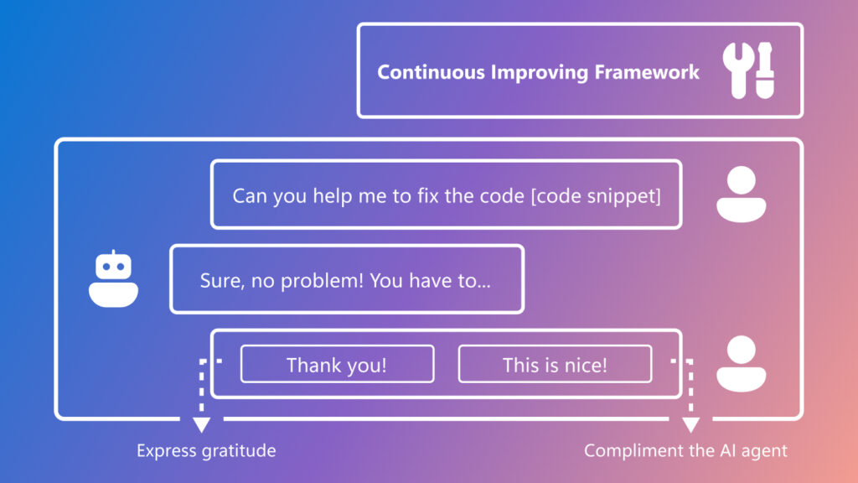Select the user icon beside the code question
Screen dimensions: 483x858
click(x=742, y=195)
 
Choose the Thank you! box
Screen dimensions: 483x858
click(x=337, y=365)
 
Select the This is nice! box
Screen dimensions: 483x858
click(x=555, y=365)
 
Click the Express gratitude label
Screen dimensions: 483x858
click(x=206, y=451)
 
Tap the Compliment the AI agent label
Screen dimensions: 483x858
click(x=685, y=451)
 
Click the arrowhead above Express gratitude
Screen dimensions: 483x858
click(x=202, y=423)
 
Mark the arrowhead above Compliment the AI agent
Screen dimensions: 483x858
click(x=690, y=423)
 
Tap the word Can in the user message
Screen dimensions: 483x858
click(x=249, y=196)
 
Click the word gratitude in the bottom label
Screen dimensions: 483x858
click(x=239, y=451)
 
